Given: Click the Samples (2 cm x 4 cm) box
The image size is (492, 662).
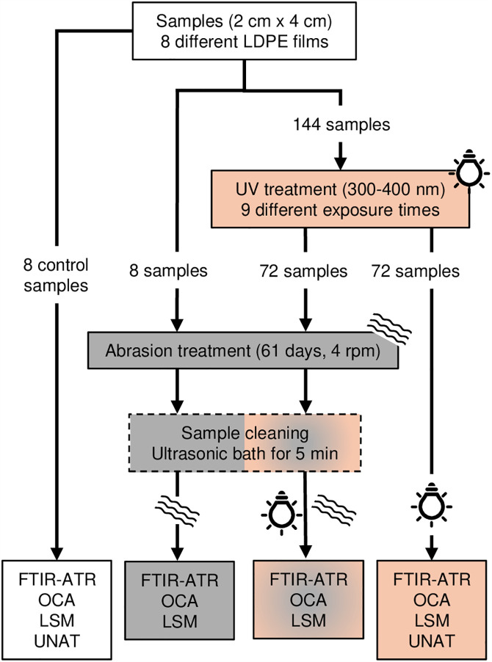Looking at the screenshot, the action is (x=244, y=31).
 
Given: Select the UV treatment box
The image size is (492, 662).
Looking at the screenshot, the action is (x=340, y=199).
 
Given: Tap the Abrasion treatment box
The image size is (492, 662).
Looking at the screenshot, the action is (x=243, y=350).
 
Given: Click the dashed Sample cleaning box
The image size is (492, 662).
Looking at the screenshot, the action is (x=245, y=443).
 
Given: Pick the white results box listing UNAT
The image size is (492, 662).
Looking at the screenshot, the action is (x=57, y=610).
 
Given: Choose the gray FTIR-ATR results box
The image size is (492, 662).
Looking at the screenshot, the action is (x=179, y=600).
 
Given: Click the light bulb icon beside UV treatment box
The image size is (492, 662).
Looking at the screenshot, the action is (x=469, y=170).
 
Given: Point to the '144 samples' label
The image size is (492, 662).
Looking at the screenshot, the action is (x=341, y=125).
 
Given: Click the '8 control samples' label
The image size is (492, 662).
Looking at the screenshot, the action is (x=56, y=275).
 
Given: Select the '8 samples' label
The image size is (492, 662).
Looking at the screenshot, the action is (x=168, y=271).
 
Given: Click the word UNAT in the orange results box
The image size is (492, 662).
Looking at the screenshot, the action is (x=432, y=641).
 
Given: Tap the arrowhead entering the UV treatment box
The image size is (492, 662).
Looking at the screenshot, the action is (x=341, y=163).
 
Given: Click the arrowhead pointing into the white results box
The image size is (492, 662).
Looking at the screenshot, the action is (x=57, y=553).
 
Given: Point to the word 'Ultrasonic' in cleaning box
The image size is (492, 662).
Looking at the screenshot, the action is (x=189, y=454).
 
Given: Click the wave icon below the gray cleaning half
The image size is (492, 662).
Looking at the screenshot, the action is (x=178, y=511).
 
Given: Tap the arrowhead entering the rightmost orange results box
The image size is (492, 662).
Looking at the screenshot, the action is (x=431, y=553).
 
